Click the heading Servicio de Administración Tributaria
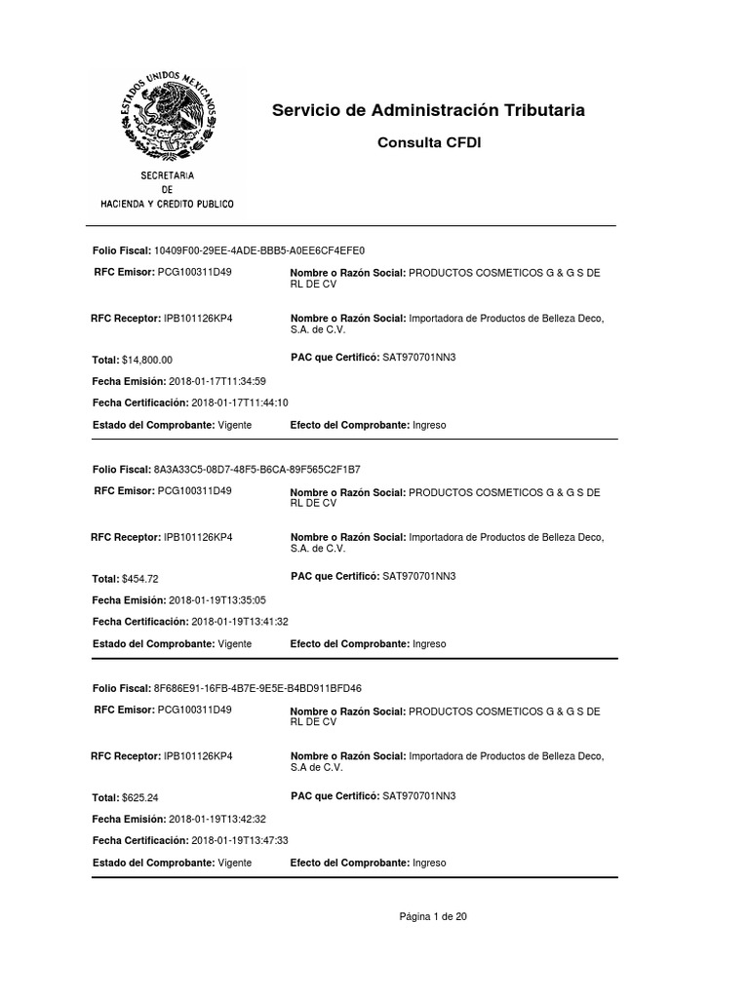(429, 110)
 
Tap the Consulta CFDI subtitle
(429, 143)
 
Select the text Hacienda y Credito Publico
(168, 204)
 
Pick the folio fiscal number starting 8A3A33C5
(256, 469)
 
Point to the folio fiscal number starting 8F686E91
(257, 688)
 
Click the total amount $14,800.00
(147, 360)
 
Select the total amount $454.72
(140, 579)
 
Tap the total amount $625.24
(140, 797)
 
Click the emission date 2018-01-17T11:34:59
(217, 380)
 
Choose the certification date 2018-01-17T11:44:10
(240, 403)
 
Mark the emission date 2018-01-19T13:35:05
(217, 599)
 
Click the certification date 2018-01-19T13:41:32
(240, 621)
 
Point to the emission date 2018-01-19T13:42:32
(217, 819)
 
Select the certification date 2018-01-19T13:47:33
(240, 840)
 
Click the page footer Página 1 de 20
(433, 916)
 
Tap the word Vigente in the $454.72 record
(234, 644)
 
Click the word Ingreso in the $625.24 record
(429, 863)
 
